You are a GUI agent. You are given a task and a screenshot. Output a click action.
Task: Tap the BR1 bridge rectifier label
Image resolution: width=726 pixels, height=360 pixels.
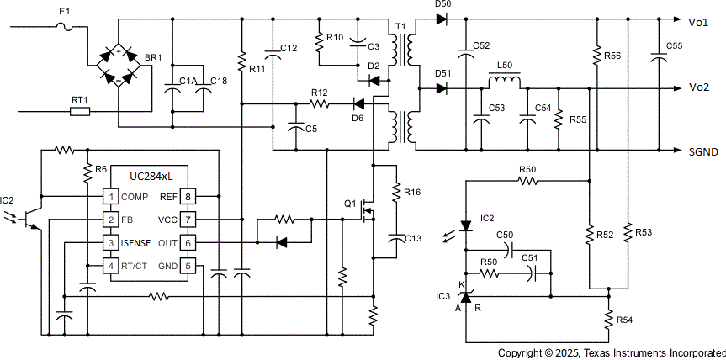(x=153, y=58)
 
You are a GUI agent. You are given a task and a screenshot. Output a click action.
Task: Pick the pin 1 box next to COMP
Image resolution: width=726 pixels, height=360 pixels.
(x=109, y=196)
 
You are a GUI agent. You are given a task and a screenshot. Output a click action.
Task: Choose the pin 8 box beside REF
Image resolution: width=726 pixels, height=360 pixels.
(x=189, y=196)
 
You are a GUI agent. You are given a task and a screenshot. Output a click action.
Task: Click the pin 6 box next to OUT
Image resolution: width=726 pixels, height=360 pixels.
(x=189, y=243)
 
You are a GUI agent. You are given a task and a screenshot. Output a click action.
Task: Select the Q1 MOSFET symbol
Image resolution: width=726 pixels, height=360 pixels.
(x=367, y=204)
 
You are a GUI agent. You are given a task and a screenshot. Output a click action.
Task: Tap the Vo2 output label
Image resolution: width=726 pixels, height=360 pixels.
(x=699, y=87)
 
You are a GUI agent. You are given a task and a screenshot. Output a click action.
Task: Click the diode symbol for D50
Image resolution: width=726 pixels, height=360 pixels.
(x=442, y=19)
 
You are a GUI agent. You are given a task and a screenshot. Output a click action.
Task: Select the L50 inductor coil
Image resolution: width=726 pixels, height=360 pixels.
(x=504, y=82)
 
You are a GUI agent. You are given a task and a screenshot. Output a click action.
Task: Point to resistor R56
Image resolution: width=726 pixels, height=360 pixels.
(x=596, y=56)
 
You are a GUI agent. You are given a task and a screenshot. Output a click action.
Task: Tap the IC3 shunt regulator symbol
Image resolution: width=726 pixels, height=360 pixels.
(x=466, y=297)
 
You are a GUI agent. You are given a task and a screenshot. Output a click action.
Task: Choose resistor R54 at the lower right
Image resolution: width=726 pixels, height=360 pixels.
(x=607, y=320)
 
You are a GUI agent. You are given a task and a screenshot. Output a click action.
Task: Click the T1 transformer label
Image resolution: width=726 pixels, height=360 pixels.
(x=400, y=27)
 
